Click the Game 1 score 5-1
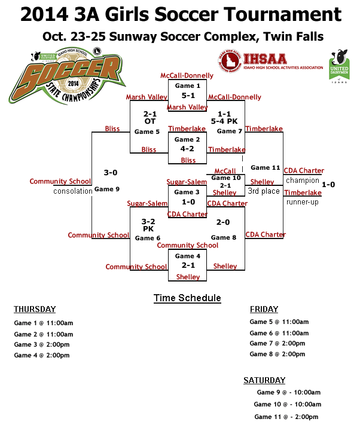point(188,95)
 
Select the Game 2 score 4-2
point(188,149)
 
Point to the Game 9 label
point(107,189)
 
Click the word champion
point(303,180)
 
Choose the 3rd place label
point(264,191)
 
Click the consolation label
point(72,191)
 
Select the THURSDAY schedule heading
point(35,309)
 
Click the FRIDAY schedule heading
point(264,309)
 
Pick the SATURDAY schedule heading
point(264,380)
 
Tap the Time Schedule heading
point(187,298)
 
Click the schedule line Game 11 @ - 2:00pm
point(286,417)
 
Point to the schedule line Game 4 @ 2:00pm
point(42,356)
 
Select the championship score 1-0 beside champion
point(328,185)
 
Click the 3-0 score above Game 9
point(110,173)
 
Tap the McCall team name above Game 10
point(225,170)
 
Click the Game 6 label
point(147,238)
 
